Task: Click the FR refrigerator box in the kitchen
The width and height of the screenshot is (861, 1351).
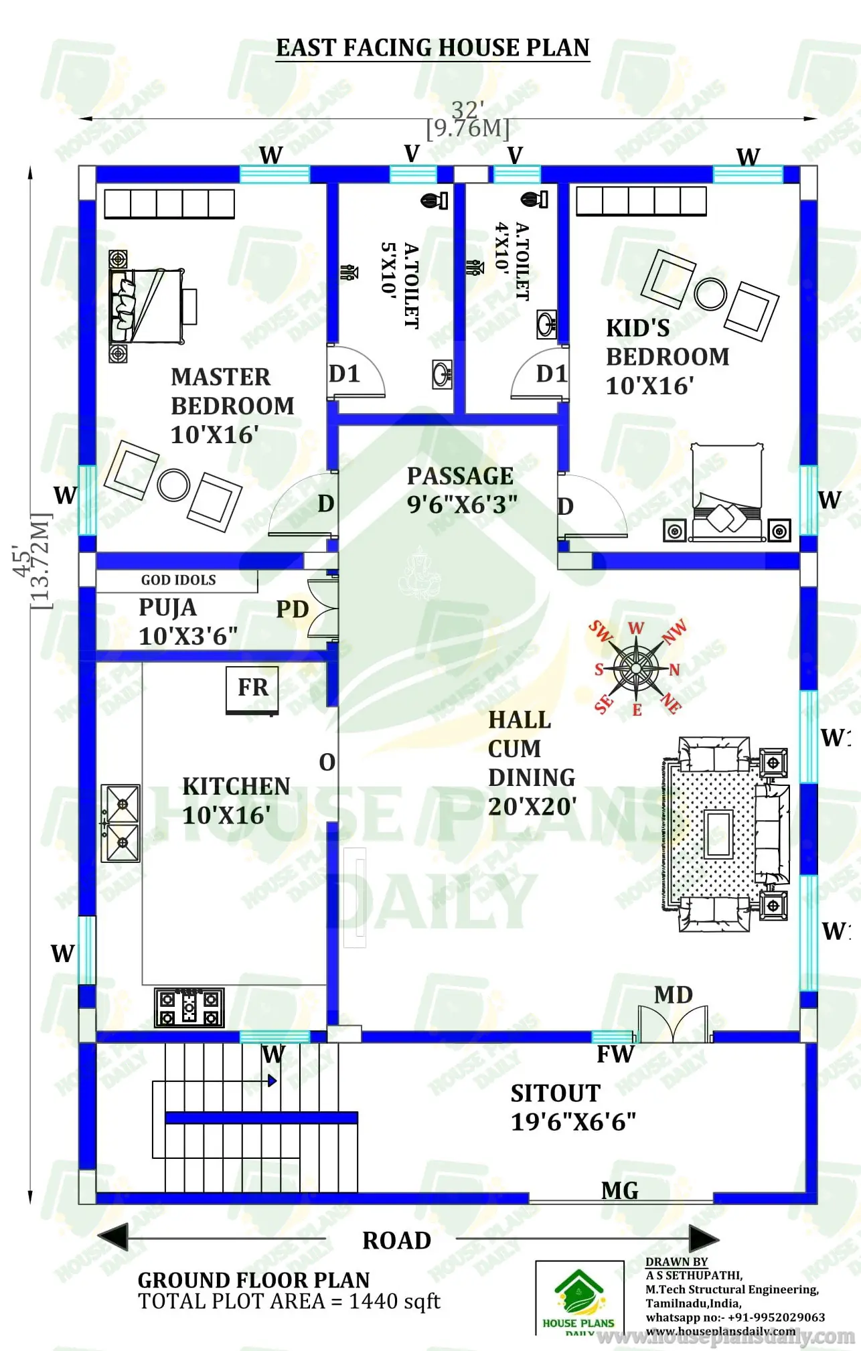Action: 252,689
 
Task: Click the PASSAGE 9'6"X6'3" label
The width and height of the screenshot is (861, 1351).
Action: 461,490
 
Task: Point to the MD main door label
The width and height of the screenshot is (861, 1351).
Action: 673,995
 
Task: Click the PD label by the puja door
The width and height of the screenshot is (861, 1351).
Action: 292,610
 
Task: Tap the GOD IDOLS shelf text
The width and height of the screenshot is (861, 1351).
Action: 178,580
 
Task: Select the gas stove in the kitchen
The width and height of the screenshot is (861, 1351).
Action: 189,1007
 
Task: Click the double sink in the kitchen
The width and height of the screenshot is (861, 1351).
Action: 121,823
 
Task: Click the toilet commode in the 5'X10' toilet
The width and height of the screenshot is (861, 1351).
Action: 435,200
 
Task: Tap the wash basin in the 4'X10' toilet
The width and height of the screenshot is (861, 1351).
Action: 547,324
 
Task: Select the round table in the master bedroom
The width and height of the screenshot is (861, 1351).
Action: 173,485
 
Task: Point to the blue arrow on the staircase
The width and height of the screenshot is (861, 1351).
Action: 272,1080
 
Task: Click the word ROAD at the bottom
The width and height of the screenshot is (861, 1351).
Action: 396,1241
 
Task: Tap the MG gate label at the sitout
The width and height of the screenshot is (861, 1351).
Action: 619,1190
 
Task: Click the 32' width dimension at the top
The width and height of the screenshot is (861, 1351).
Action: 467,109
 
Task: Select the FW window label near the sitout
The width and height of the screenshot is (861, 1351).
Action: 615,1054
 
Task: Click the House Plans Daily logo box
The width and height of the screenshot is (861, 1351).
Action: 579,1298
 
